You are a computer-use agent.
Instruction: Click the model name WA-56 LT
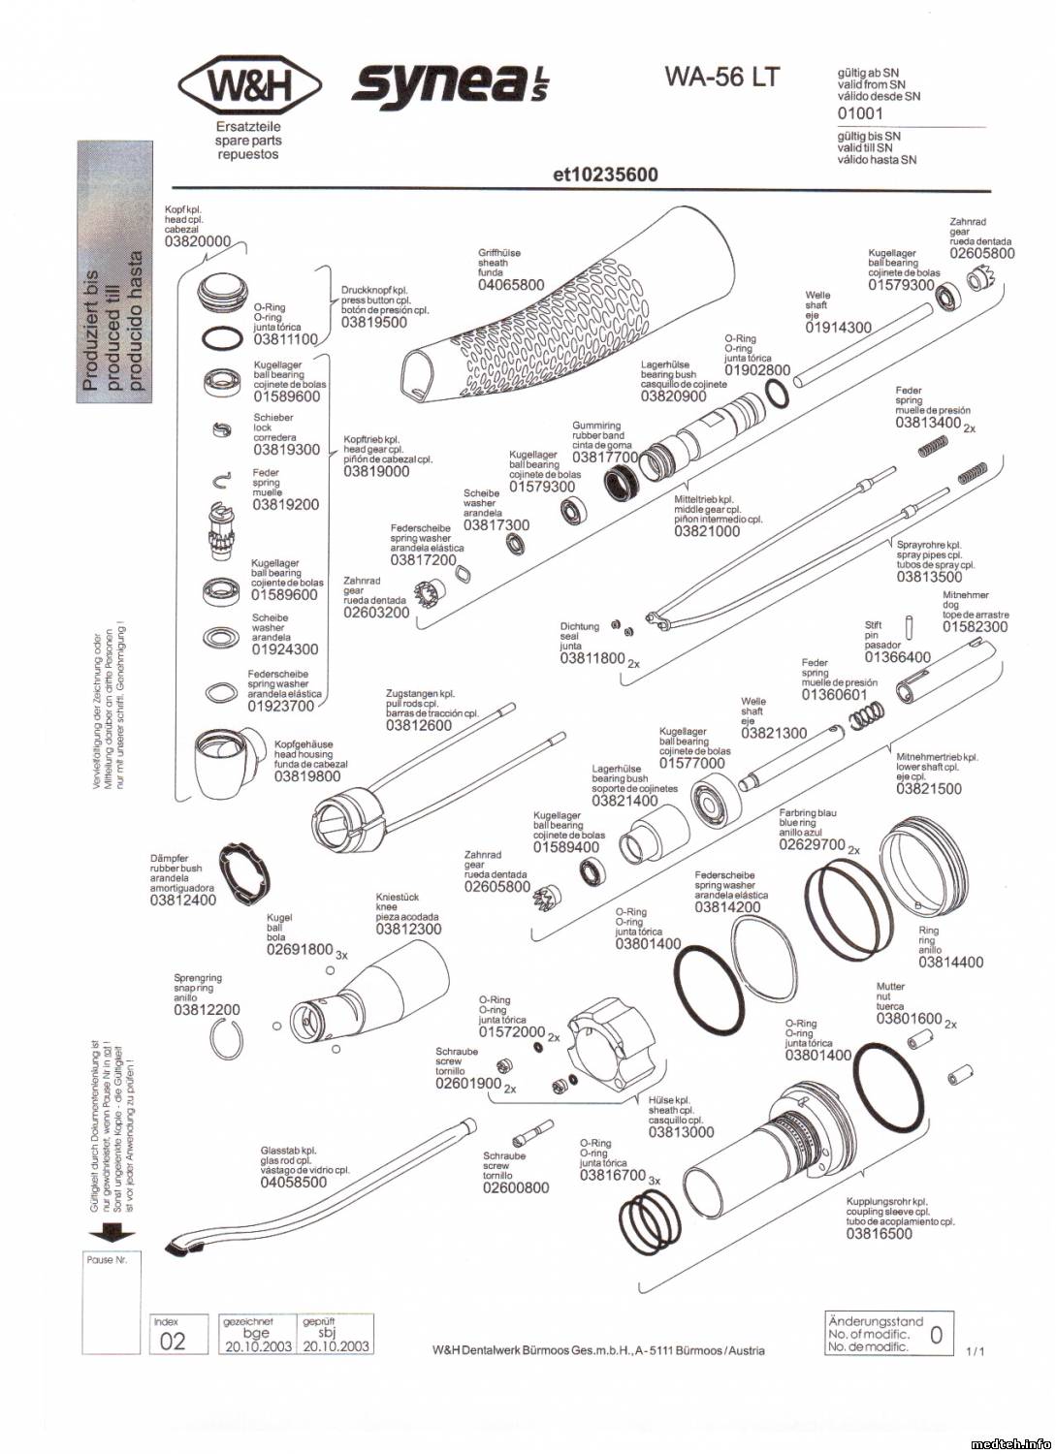pos(721,77)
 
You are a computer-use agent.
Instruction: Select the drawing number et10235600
pos(604,174)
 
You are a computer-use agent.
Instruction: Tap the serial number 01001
pos(860,113)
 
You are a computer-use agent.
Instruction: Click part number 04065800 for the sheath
pos(511,285)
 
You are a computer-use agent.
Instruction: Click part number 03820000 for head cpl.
pos(198,241)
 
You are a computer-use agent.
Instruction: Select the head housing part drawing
pos(224,762)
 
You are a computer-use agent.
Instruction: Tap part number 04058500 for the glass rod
pos(293,1182)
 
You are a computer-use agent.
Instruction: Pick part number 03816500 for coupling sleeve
pos(879,1233)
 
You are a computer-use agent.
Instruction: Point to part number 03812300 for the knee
pos(408,929)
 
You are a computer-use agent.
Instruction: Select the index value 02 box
pos(172,1342)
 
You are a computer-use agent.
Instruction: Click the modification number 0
pos(936,1335)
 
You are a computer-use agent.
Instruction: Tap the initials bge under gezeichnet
pos(256,1334)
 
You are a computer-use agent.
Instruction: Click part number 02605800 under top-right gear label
pos(981,253)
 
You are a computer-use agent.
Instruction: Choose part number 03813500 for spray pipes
pos(929,577)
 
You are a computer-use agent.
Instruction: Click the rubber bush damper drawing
pos(243,875)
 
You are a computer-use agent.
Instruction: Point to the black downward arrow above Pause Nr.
pos(112,1234)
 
